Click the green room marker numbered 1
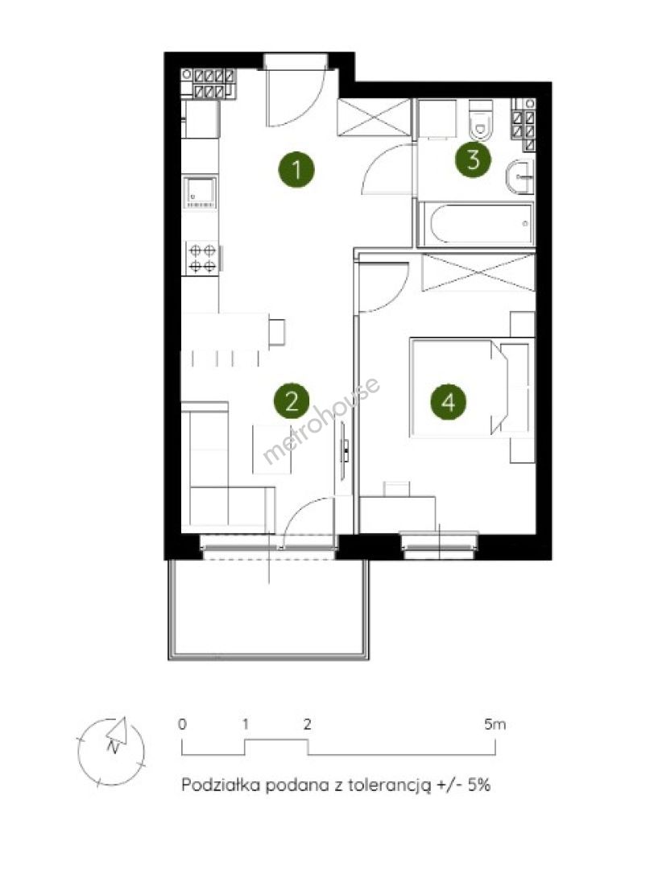click(x=296, y=169)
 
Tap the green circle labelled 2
click(x=292, y=401)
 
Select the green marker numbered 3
click(x=473, y=159)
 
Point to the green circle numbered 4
click(x=448, y=401)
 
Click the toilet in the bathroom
click(x=480, y=120)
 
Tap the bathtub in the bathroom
click(x=476, y=224)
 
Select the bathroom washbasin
click(x=520, y=176)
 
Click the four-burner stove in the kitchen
click(x=202, y=258)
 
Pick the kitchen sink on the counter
click(x=201, y=193)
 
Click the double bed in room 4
click(x=471, y=387)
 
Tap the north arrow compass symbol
click(x=111, y=752)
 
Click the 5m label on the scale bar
click(x=495, y=724)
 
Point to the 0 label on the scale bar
click(x=182, y=724)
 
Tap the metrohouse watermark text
click(x=321, y=420)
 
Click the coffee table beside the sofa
click(x=272, y=449)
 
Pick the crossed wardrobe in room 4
click(x=478, y=272)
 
